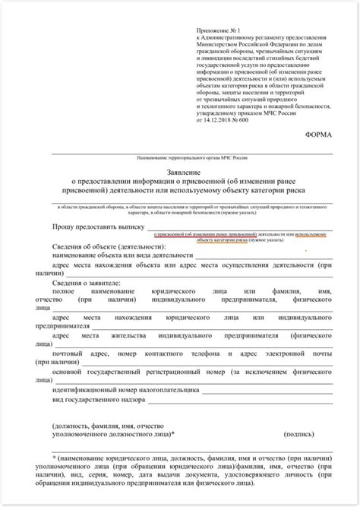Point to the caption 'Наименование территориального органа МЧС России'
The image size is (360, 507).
[x=199, y=157]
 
